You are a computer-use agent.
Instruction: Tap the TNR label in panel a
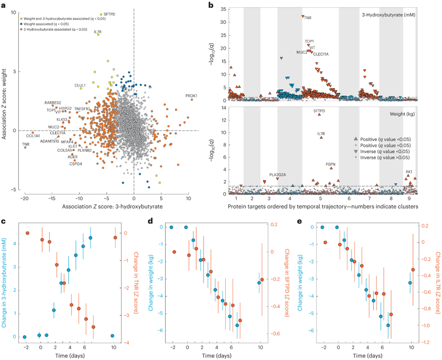(x=26, y=144)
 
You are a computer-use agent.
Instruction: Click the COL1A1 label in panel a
(x=33, y=136)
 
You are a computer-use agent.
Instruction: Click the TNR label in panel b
(x=308, y=18)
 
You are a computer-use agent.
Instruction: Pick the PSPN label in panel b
(x=330, y=164)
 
